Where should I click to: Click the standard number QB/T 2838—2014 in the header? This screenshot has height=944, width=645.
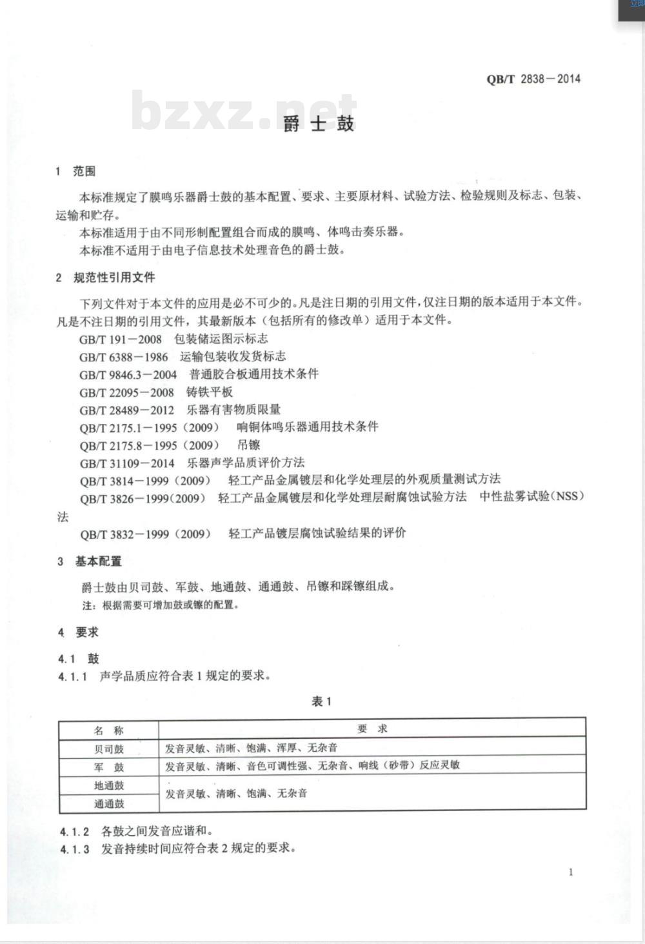[x=533, y=79]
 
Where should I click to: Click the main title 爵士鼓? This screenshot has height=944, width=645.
[x=319, y=124]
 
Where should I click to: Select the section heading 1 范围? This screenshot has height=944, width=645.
[x=76, y=171]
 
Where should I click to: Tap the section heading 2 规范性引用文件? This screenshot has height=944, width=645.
[x=106, y=277]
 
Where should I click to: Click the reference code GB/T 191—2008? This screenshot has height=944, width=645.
[x=121, y=339]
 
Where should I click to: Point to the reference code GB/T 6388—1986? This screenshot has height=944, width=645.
[x=124, y=357]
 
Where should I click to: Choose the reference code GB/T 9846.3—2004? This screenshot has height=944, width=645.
[x=128, y=375]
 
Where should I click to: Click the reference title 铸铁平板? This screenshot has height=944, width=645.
[x=210, y=392]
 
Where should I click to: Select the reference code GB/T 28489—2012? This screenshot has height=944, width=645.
[x=127, y=410]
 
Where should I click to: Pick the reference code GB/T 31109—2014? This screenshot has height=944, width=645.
[x=127, y=463]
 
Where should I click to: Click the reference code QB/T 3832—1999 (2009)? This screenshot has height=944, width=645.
[x=146, y=534]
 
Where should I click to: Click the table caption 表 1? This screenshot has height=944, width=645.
[x=321, y=701]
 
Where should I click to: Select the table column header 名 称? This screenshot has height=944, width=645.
[x=108, y=730]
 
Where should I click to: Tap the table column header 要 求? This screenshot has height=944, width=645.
[x=372, y=729]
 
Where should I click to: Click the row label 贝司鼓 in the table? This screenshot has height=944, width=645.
[x=108, y=748]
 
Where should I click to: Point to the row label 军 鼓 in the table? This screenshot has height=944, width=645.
[x=108, y=767]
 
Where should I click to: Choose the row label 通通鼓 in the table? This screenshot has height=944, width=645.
[x=108, y=803]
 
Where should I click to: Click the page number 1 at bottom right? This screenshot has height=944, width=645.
[x=571, y=872]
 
